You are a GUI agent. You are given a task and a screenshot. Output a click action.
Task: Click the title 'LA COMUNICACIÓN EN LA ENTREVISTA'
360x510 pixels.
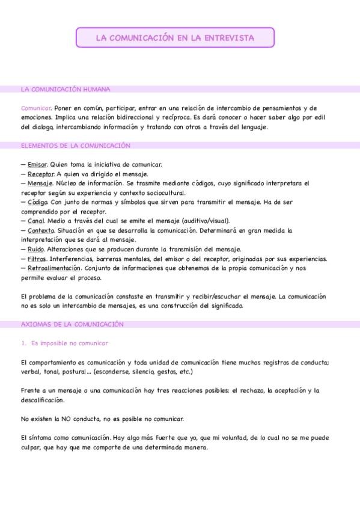pos(175,38)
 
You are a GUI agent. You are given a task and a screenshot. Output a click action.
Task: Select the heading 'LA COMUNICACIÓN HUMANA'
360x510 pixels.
pos(66,90)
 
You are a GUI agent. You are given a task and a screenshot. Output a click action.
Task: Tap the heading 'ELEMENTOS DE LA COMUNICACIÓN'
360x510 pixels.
pos(75,146)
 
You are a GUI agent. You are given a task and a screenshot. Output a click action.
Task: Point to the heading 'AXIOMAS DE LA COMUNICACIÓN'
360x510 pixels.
pos(72,324)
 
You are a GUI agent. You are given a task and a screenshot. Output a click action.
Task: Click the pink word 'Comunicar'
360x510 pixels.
pos(35,108)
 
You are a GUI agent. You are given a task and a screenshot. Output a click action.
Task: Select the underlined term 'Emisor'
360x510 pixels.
pos(37,164)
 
